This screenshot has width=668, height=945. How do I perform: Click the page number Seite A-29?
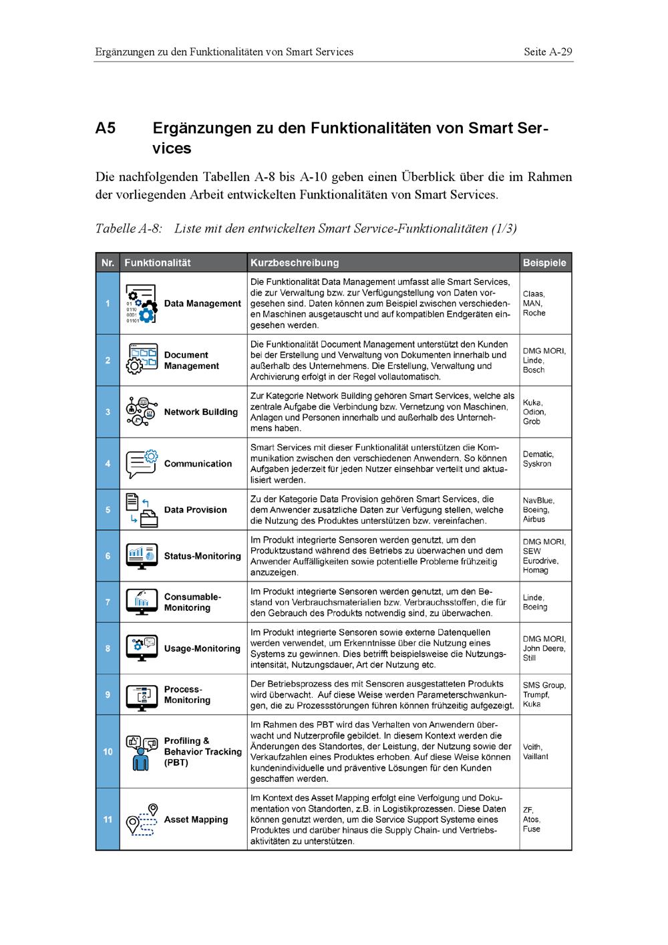[548, 51]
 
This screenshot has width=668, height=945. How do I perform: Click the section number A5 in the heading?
[106, 128]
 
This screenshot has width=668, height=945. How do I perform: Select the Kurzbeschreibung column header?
[295, 263]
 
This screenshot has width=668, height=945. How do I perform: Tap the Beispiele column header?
[544, 263]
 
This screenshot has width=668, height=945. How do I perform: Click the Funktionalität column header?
[158, 263]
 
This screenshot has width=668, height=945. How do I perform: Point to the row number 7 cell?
[108, 602]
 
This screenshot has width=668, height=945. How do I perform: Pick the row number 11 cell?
[108, 819]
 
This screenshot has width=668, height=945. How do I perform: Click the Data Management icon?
[141, 304]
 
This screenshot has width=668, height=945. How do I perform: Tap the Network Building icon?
[141, 412]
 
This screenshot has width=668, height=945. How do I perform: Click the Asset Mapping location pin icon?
[141, 820]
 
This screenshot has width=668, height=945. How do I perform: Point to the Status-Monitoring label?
[202, 556]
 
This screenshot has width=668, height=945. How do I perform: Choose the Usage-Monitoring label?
[202, 648]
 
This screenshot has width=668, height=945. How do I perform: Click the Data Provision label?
[195, 509]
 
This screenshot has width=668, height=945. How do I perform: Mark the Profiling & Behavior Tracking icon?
[141, 752]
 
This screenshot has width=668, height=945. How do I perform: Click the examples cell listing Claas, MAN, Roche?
[534, 303]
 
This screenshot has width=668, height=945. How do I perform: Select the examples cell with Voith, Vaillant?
[536, 752]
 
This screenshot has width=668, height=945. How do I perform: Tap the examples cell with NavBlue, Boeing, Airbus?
[538, 509]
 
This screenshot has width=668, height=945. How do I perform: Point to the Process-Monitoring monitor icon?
[141, 695]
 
